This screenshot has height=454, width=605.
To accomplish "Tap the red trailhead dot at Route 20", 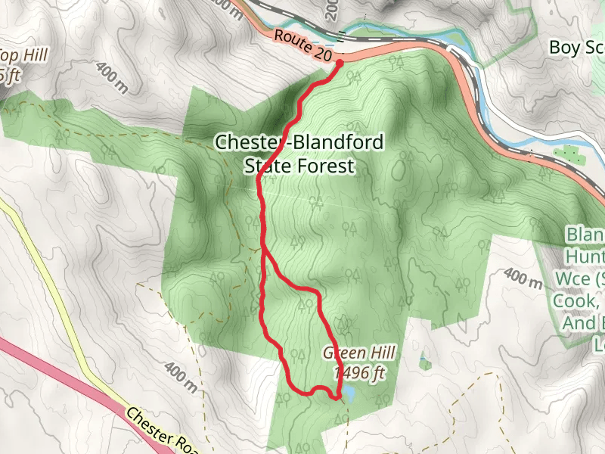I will [x=340, y=63].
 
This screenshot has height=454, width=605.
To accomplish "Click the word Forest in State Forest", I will [x=325, y=166].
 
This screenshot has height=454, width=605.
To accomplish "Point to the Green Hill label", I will [x=360, y=353].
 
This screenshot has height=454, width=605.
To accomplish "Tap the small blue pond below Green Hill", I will [x=349, y=394].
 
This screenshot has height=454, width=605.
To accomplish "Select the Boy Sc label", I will [x=576, y=48].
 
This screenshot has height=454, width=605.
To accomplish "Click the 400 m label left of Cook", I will [x=522, y=280].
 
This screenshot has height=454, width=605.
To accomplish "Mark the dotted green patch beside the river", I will [x=569, y=154].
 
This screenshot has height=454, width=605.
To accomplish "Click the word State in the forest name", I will [x=268, y=166].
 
